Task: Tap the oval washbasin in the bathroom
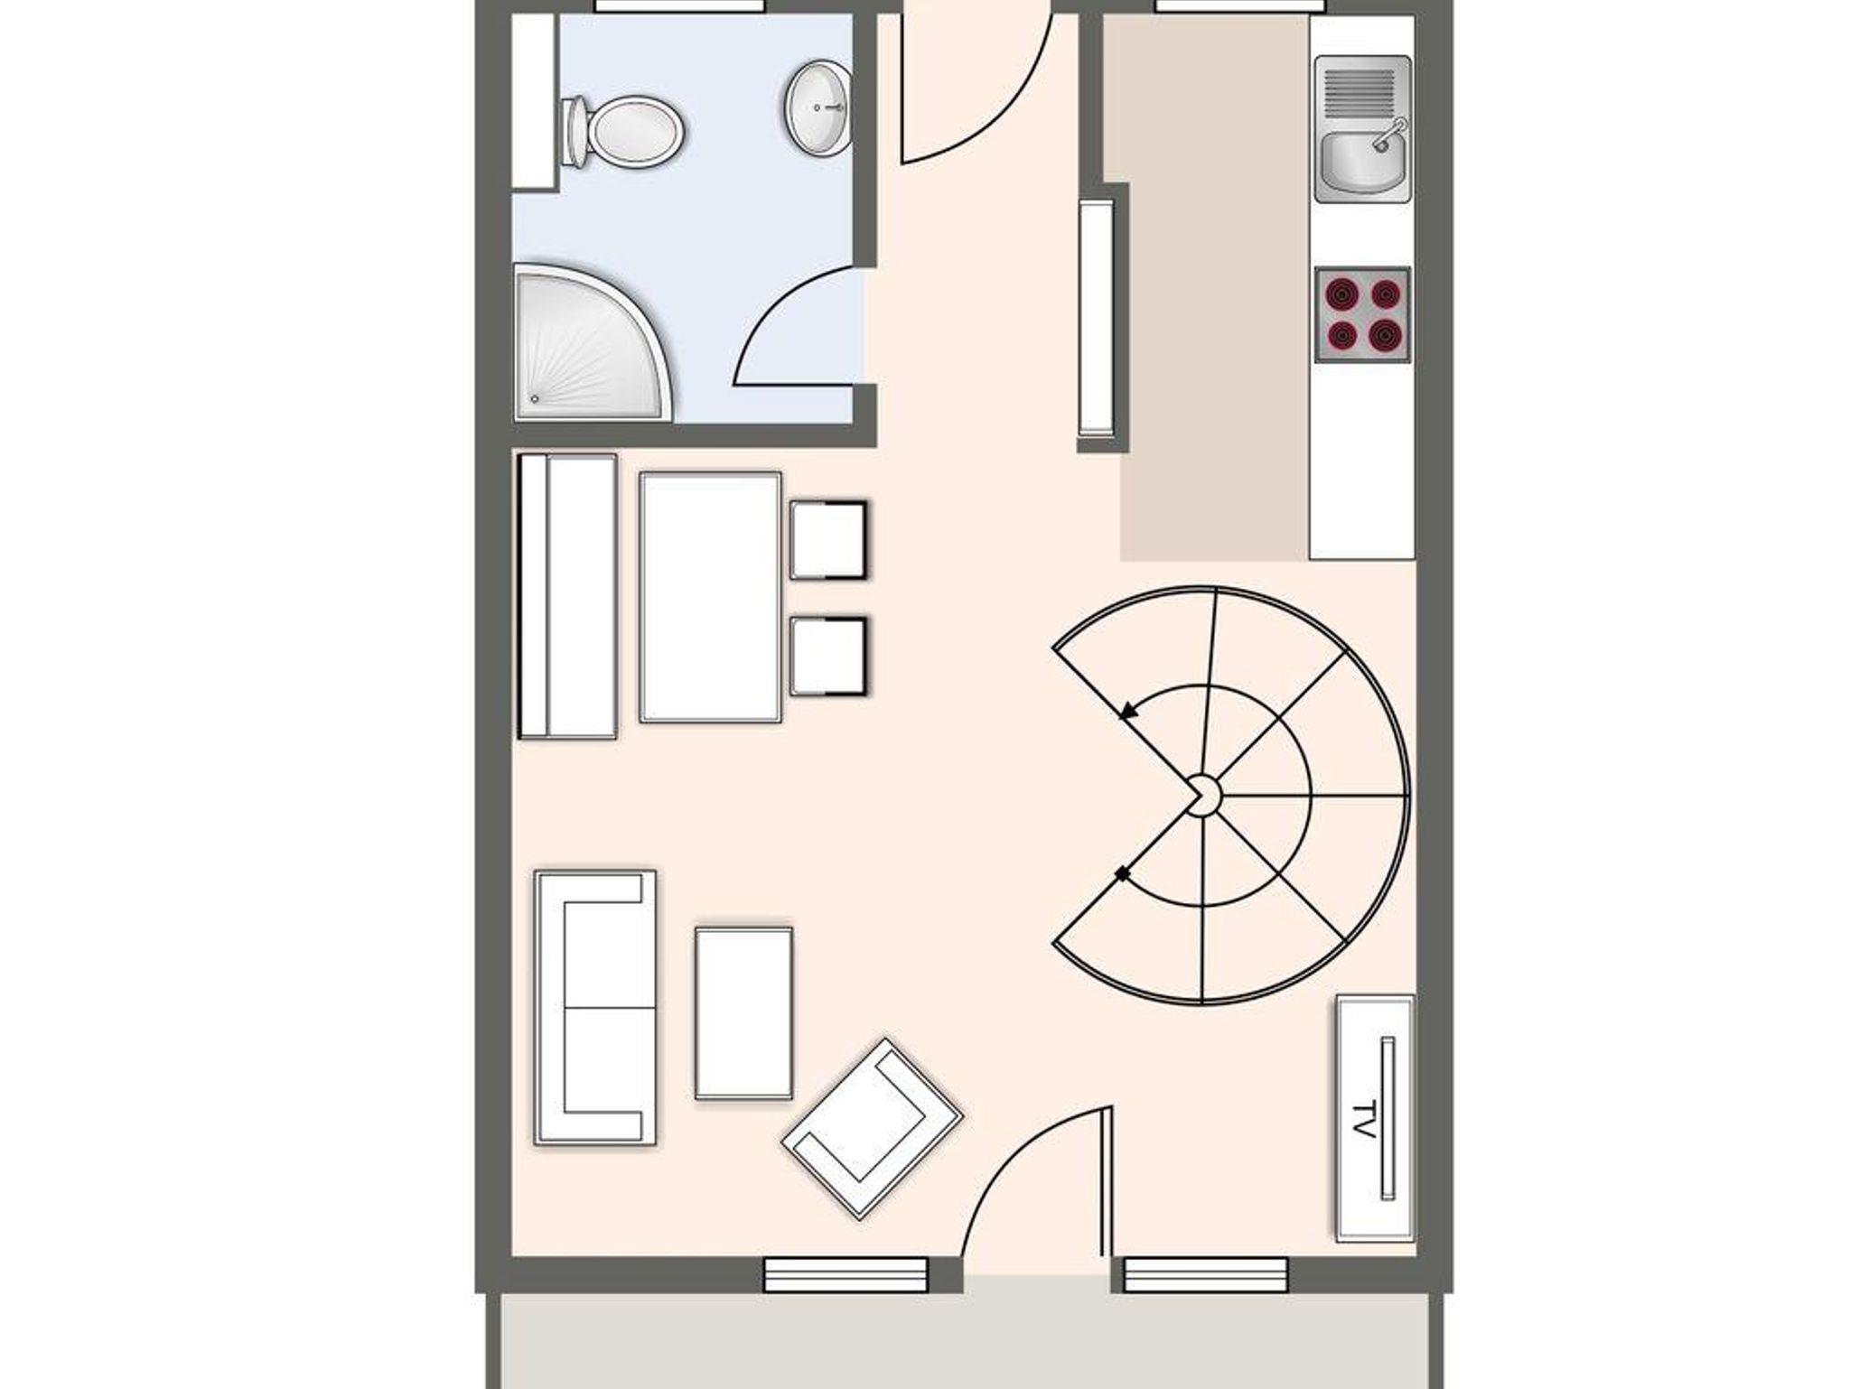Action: click(x=818, y=107)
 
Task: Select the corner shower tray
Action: click(x=592, y=343)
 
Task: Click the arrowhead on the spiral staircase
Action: click(x=1127, y=711)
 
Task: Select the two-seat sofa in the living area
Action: click(x=594, y=1008)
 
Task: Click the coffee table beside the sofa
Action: click(x=744, y=1013)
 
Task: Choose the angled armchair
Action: click(x=872, y=1128)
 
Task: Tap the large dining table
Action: click(x=710, y=597)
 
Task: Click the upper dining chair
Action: click(x=828, y=540)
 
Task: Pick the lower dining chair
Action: click(x=828, y=657)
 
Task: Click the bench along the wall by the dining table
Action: click(x=567, y=597)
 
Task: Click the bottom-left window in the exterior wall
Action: click(x=846, y=1275)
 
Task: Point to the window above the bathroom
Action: click(x=679, y=6)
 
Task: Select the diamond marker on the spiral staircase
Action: click(x=1122, y=873)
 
